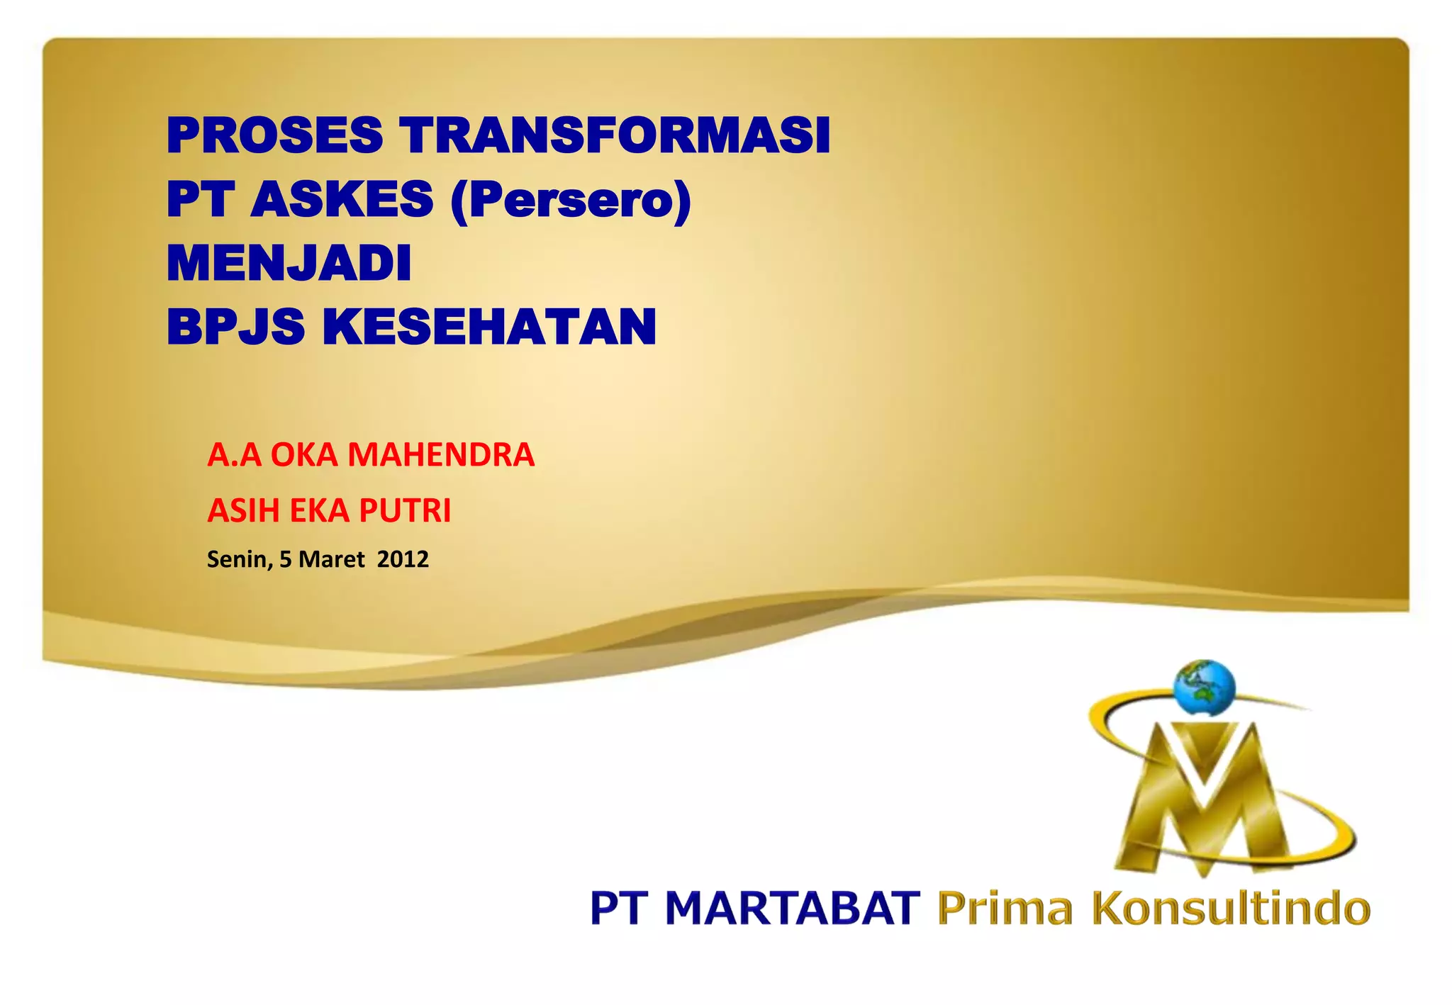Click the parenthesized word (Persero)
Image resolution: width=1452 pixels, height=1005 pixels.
tap(571, 201)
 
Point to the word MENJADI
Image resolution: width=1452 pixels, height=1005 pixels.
tap(289, 263)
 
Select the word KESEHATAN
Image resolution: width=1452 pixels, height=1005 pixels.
tap(489, 327)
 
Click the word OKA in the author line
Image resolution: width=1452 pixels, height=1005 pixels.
tap(303, 454)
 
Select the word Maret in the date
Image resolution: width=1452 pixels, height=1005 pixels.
tap(331, 559)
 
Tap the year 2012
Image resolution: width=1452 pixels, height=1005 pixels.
tap(403, 559)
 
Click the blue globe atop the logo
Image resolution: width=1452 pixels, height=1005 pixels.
tap(1204, 688)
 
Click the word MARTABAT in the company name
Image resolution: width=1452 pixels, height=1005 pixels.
tap(792, 909)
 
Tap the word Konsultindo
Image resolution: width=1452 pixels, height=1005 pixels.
tap(1231, 909)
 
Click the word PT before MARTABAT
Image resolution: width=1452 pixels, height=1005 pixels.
tap(618, 909)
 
